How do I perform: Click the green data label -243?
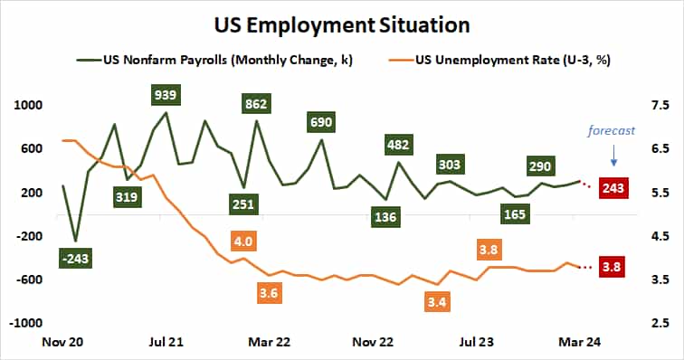pyautogui.click(x=76, y=260)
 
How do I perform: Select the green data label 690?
pyautogui.click(x=320, y=121)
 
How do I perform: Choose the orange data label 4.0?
pyautogui.click(x=242, y=242)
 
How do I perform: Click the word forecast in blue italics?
pyautogui.click(x=612, y=129)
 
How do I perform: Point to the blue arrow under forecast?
pyautogui.click(x=613, y=156)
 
